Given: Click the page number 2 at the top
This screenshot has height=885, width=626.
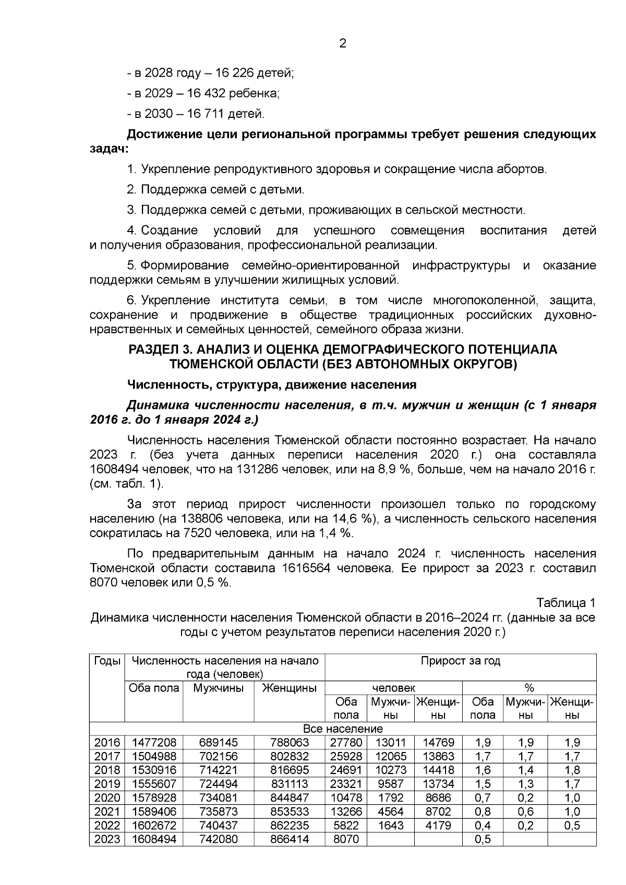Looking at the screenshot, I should (343, 44).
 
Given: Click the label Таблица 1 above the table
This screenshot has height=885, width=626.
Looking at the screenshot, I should (565, 603).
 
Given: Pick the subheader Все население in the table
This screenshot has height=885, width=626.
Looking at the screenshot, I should (343, 729).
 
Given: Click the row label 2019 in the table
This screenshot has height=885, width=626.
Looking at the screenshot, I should (107, 784).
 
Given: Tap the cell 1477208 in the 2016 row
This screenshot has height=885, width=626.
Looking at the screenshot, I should (154, 743).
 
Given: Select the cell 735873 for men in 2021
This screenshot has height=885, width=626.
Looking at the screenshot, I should (218, 811).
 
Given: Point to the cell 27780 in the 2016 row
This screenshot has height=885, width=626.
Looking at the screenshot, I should (346, 743).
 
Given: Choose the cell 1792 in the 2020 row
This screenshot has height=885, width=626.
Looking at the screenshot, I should (391, 798).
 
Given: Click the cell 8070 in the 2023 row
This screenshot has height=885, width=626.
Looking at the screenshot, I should (346, 839).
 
